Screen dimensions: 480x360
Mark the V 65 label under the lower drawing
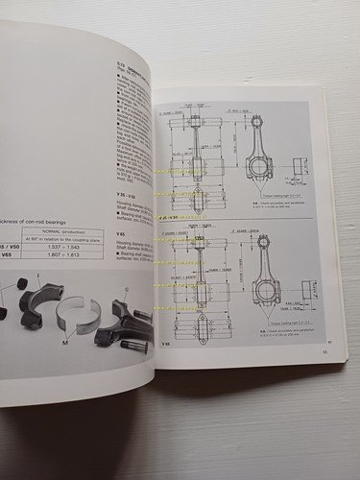(x=165, y=344)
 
